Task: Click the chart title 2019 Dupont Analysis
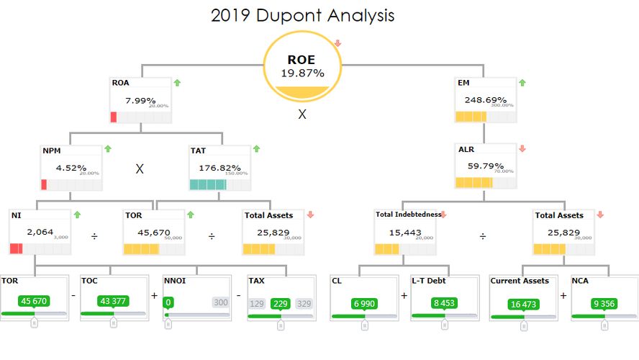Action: tap(302, 15)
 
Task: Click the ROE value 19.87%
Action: tap(302, 73)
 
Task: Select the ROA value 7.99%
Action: tap(140, 100)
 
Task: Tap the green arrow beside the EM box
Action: tap(522, 83)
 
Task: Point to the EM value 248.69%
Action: tap(481, 100)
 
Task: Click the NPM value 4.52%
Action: tap(71, 168)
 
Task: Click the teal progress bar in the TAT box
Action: tap(208, 184)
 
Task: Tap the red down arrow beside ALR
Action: tap(522, 149)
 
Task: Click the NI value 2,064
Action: tap(40, 232)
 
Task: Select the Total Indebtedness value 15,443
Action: tap(403, 232)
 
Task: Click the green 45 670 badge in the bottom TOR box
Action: tap(35, 301)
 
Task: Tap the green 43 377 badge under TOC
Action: tap(113, 301)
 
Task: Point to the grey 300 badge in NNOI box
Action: tap(219, 303)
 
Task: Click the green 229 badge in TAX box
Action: tap(280, 304)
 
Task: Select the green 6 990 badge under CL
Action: tap(364, 304)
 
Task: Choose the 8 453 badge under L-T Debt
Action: tap(443, 304)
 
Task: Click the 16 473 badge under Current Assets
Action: tap(523, 304)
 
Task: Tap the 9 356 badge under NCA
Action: tap(603, 304)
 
